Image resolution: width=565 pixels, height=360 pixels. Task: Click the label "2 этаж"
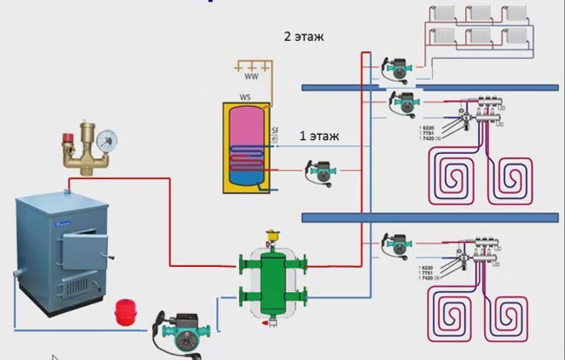[x=301, y=38]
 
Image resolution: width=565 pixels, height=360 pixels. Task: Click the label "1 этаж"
[x=318, y=136]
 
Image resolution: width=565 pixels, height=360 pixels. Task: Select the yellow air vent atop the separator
[x=272, y=235]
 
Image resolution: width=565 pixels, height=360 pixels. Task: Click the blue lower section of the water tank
[x=244, y=179]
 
